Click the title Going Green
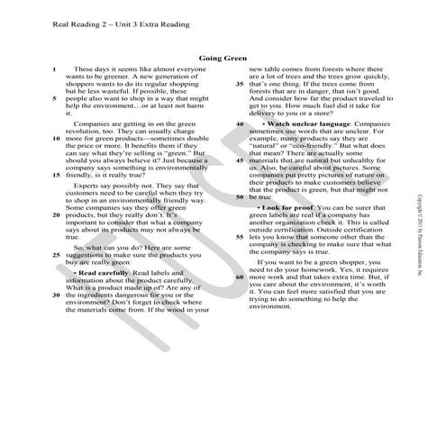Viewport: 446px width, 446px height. pos(223,58)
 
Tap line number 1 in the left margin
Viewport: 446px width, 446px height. pos(56,68)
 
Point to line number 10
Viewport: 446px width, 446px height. pos(57,140)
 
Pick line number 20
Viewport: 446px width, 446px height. pos(57,216)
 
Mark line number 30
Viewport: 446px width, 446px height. pos(57,294)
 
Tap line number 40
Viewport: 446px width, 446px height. pos(240,123)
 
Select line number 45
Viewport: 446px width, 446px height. pos(240,160)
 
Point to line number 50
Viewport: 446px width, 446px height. pos(240,196)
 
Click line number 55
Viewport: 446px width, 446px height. pos(240,236)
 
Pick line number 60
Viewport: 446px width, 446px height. pos(240,277)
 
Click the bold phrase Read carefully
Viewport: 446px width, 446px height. pos(101,271)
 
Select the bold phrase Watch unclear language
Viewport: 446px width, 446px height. pos(304,123)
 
